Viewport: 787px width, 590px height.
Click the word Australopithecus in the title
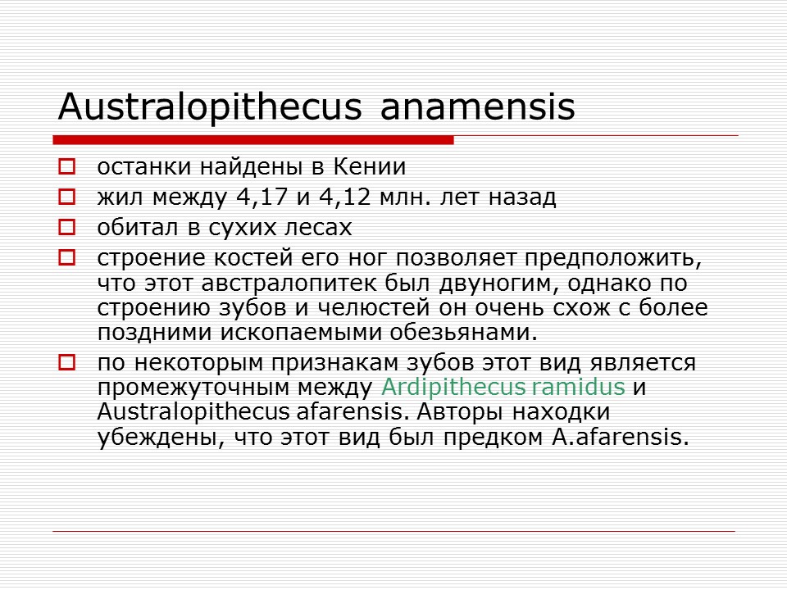pyautogui.click(x=210, y=107)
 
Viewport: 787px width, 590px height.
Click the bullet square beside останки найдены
pyautogui.click(x=66, y=168)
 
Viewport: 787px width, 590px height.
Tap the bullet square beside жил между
pyautogui.click(x=66, y=197)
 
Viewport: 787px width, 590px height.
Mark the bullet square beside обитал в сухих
pyautogui.click(x=66, y=227)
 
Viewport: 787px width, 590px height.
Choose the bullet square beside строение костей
pyautogui.click(x=66, y=257)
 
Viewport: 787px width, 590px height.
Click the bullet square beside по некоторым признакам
pyautogui.click(x=66, y=362)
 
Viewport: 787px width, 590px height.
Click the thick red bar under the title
pyautogui.click(x=253, y=140)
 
